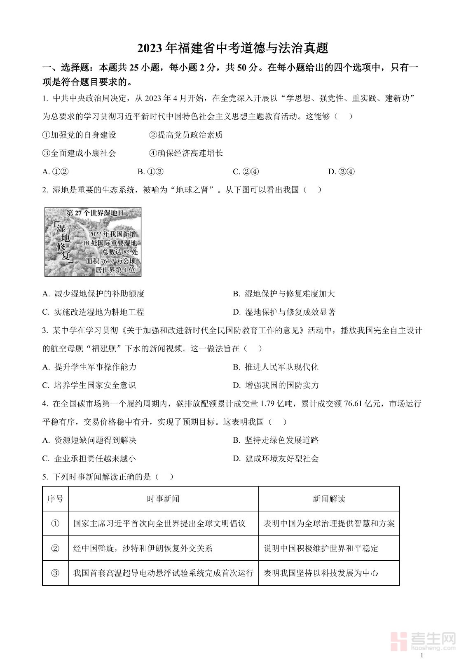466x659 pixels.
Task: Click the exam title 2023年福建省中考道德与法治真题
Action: pyautogui.click(x=233, y=48)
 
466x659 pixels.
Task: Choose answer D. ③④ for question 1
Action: pyautogui.click(x=341, y=172)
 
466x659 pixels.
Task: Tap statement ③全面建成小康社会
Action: pyautogui.click(x=79, y=153)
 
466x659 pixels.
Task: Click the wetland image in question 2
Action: pyautogui.click(x=93, y=242)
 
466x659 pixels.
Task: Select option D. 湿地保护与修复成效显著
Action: pyautogui.click(x=284, y=312)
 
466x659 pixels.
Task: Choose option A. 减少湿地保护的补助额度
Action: pyautogui.click(x=94, y=294)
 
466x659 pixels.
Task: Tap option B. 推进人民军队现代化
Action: pyautogui.click(x=276, y=367)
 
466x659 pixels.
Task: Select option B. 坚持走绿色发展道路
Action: pyautogui.click(x=276, y=440)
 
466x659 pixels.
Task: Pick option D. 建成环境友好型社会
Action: pyautogui.click(x=276, y=458)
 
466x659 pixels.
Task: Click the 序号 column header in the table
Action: pyautogui.click(x=55, y=499)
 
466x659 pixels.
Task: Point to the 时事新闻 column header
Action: pyautogui.click(x=163, y=499)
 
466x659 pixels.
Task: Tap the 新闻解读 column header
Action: pyautogui.click(x=329, y=499)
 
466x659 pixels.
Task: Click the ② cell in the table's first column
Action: pyautogui.click(x=55, y=548)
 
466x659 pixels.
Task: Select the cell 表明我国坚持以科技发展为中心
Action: pyautogui.click(x=321, y=573)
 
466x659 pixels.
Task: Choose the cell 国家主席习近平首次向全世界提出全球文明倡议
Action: pyautogui.click(x=159, y=523)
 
